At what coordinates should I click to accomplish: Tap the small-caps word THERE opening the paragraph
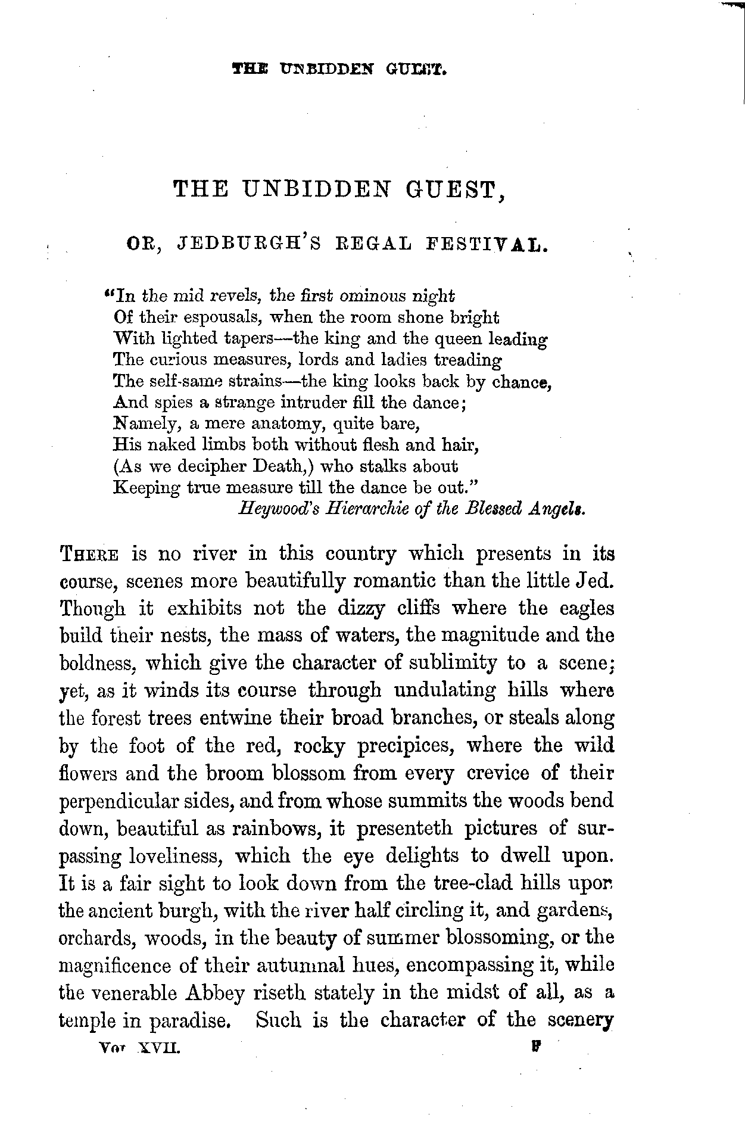(x=89, y=555)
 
